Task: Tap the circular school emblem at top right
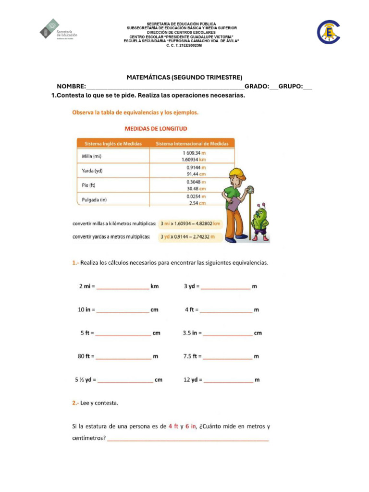tap(329, 32)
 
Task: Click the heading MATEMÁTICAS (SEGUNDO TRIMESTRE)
tap(184, 77)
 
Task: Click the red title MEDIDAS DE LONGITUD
tap(156, 129)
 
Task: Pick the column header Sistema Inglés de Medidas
tap(113, 143)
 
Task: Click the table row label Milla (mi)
tap(92, 156)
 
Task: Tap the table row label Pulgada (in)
tap(94, 200)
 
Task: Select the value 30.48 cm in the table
tap(196, 188)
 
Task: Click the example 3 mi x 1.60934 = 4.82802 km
tap(191, 224)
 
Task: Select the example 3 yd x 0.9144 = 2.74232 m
tap(188, 237)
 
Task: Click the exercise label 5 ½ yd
tap(85, 380)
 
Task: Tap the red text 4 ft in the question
tap(173, 426)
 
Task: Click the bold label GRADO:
tap(257, 86)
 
